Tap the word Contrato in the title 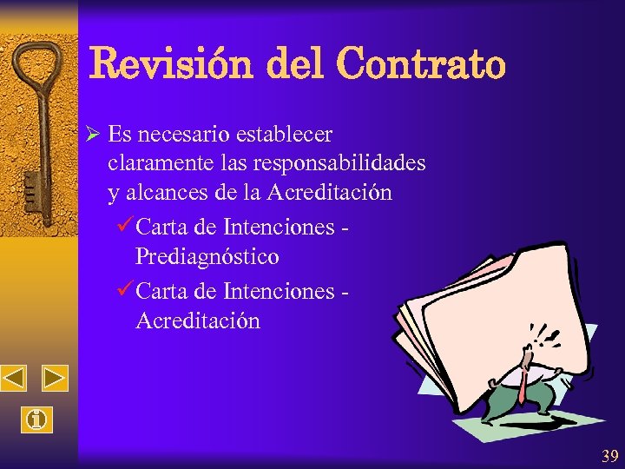click(419, 63)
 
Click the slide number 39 click(610, 454)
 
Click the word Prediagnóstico click(207, 257)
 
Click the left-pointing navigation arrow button click(14, 378)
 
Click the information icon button click(35, 420)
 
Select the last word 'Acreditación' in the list click(198, 320)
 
